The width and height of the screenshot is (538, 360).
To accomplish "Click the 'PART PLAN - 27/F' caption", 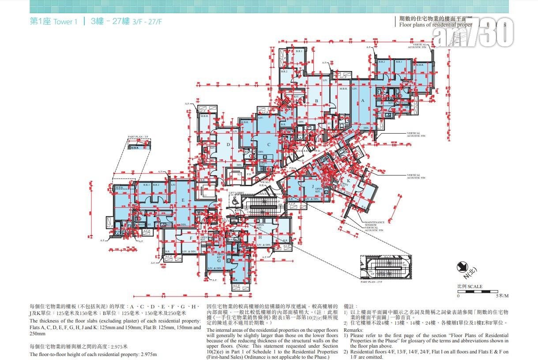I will point(372,281).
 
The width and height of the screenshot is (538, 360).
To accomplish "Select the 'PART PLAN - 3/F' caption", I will point(138,138).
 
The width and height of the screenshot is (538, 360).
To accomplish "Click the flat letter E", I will point(182,200).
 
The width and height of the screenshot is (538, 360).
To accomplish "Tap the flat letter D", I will point(228,145).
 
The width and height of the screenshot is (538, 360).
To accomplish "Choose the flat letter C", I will point(268,144).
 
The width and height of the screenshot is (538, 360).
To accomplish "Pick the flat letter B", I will point(316,101).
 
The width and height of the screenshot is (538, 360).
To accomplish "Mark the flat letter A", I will point(363,101).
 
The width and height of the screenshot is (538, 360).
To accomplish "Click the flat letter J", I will point(312,186).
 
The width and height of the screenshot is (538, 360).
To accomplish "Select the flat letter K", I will point(348,181).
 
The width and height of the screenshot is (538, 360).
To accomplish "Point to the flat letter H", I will point(260,237).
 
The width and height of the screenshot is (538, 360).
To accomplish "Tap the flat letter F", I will point(191,238).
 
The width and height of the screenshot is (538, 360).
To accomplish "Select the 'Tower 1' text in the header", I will point(65,22).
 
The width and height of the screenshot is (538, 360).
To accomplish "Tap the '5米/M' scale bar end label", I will point(502,296).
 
